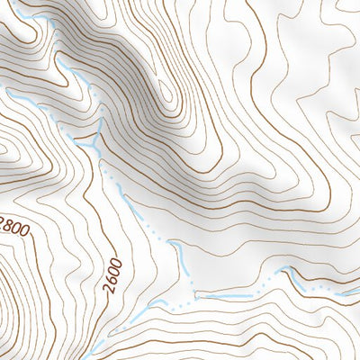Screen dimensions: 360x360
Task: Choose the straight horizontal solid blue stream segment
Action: tap(220, 293)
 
